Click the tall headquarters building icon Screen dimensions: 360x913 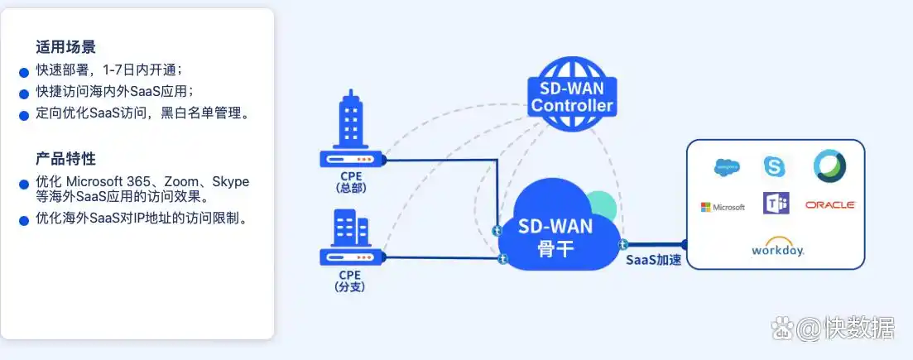click(x=350, y=121)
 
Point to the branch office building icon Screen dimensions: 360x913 click(x=351, y=228)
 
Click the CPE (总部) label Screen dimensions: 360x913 click(x=350, y=181)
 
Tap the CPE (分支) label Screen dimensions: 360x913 click(x=350, y=281)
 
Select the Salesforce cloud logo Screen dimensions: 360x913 click(x=727, y=167)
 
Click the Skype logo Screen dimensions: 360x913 click(x=775, y=167)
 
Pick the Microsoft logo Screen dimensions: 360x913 click(x=723, y=206)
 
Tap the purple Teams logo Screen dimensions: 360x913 click(x=776, y=204)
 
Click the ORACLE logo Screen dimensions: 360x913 click(x=829, y=204)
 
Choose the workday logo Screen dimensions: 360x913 click(x=777, y=247)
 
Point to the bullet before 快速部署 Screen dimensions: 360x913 click(x=24, y=72)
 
